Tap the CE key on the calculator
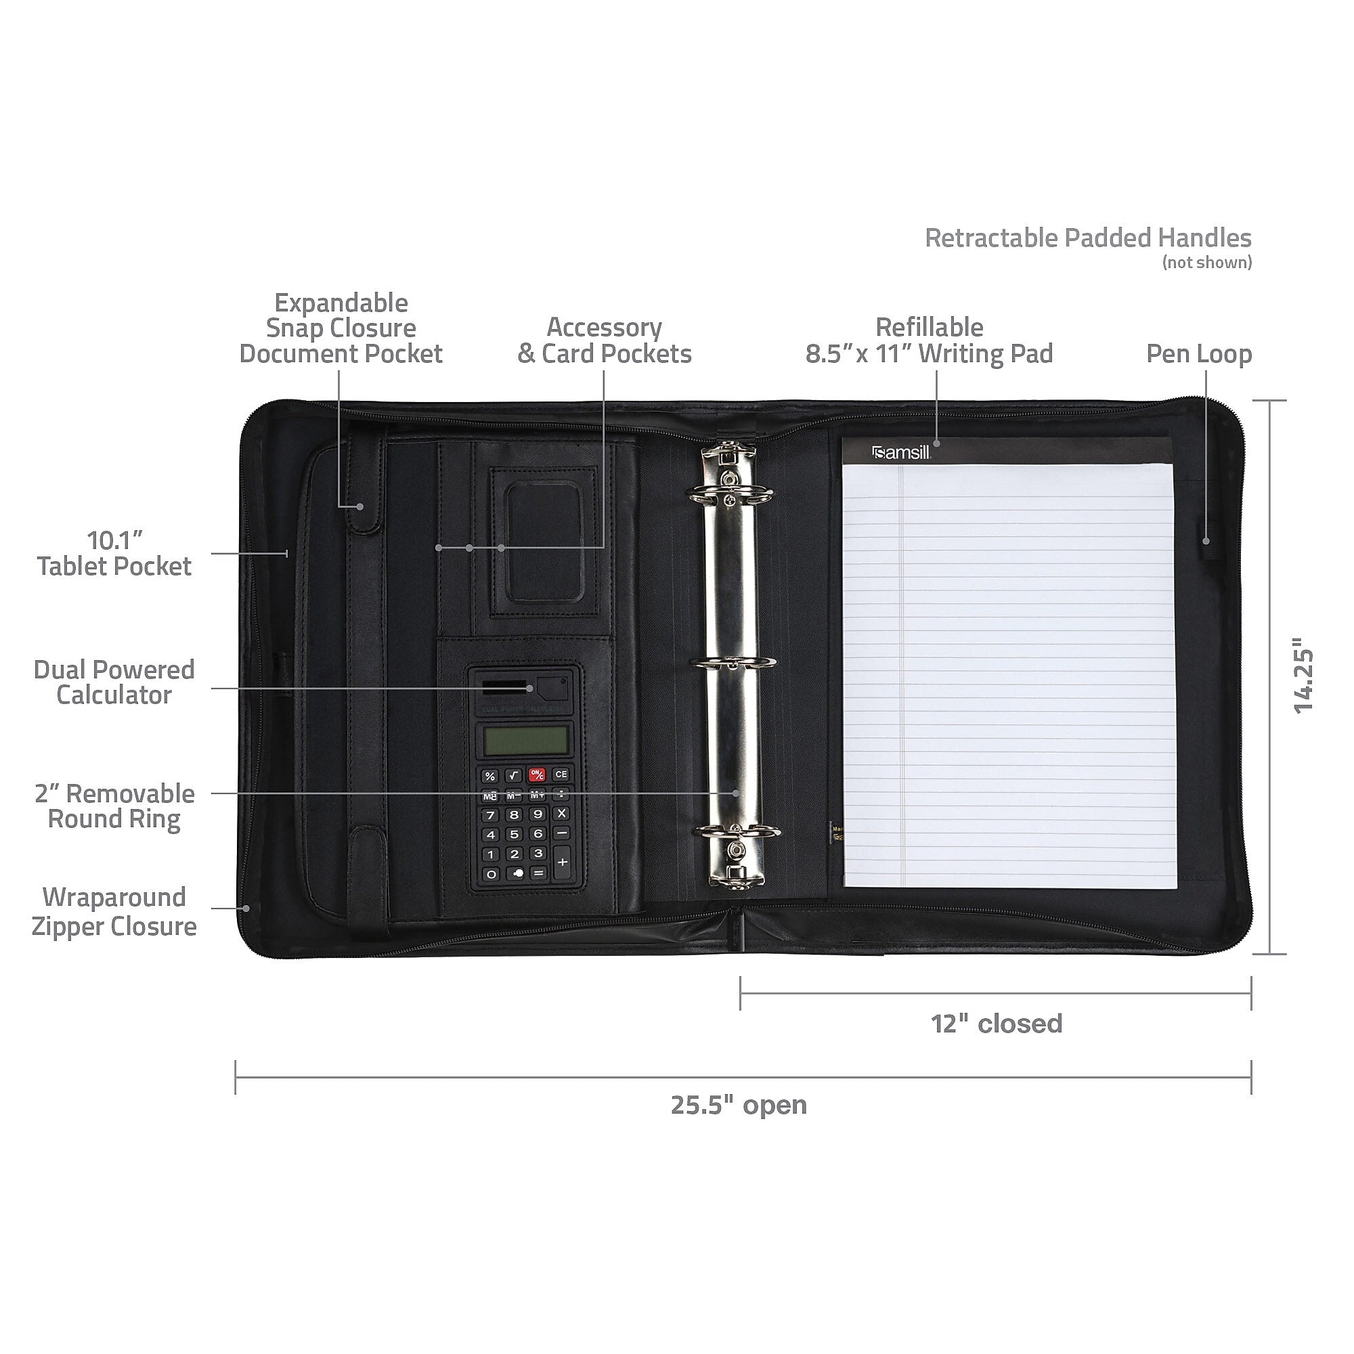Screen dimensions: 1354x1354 (x=561, y=774)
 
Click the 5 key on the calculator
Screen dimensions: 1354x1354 (x=515, y=834)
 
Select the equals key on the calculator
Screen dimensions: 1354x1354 (x=538, y=873)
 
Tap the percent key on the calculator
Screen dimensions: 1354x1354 (x=490, y=776)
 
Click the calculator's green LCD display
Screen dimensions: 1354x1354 (x=525, y=739)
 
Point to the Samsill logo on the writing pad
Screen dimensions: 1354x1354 (x=901, y=452)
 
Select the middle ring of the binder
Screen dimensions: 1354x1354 (x=733, y=663)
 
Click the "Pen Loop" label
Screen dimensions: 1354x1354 (x=1198, y=354)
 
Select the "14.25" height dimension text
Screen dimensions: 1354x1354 (x=1303, y=676)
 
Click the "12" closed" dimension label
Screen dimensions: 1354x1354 (x=996, y=1024)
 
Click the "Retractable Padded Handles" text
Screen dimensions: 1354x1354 (x=1088, y=238)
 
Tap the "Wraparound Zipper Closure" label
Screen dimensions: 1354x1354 (x=114, y=912)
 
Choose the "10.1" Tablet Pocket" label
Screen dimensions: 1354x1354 (x=114, y=553)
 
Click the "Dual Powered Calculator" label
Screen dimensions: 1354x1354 (x=114, y=682)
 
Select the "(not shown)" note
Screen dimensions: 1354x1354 (x=1207, y=263)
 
